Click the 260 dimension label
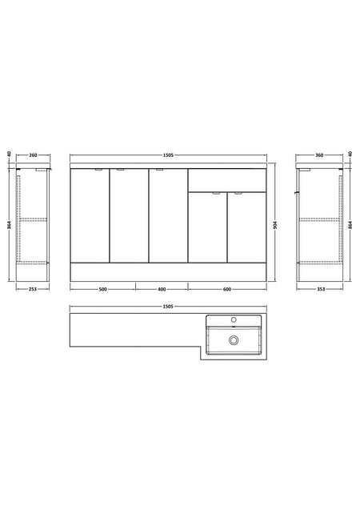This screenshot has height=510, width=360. pos(33,155)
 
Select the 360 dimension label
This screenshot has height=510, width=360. pos(319,155)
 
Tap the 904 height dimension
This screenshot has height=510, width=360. pos(275,224)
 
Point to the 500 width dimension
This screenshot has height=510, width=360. pos(102,289)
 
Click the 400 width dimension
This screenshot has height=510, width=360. pos(162,289)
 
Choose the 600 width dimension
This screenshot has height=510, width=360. pos(227,289)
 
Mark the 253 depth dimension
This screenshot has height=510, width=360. pos(33,289)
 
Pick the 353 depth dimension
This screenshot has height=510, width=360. pos(320,289)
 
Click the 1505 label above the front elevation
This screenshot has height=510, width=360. pos(168,155)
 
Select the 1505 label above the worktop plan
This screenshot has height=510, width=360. pos(168,307)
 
